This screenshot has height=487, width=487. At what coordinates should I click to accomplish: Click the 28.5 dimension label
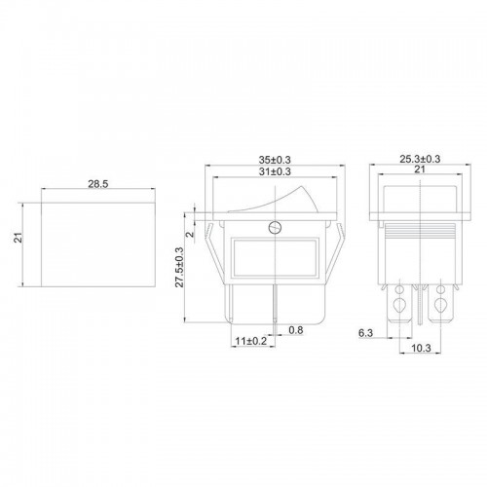point(97,184)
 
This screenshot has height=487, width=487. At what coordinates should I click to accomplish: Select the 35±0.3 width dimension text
point(275,160)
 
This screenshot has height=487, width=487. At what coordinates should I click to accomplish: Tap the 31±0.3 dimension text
point(275,171)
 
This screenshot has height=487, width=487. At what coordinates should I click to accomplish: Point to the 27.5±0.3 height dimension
point(179,267)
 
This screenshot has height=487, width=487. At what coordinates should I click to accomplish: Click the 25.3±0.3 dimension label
point(420,159)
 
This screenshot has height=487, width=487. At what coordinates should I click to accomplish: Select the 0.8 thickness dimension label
point(296,330)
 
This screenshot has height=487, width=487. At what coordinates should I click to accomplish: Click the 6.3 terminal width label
point(365,333)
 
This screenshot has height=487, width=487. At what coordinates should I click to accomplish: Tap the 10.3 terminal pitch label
point(421,348)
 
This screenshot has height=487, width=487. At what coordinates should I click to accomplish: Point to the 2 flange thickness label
point(191,234)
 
